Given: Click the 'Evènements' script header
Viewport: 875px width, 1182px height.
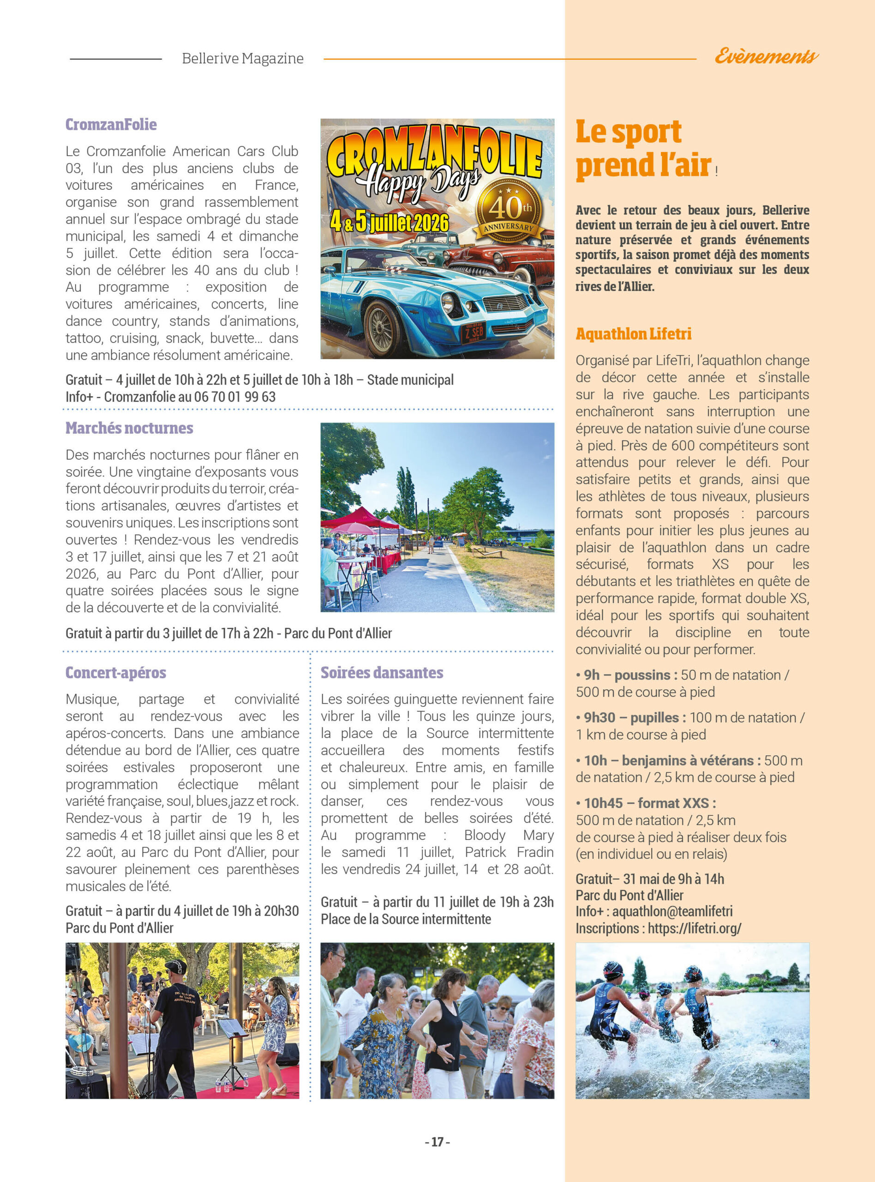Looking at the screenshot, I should [x=766, y=56].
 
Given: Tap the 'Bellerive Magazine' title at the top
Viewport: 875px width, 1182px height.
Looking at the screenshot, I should [x=243, y=58].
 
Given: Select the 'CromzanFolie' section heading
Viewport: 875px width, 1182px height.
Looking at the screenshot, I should [x=111, y=125].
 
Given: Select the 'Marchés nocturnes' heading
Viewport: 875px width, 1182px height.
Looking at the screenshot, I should [x=129, y=428].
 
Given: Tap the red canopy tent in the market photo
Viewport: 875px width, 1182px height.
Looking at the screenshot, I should [x=360, y=518].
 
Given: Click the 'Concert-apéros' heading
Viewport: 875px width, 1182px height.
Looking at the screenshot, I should [x=115, y=673].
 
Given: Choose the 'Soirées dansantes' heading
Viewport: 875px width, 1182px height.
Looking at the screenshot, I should [x=382, y=673].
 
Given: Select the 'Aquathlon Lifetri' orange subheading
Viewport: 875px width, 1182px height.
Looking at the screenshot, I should [x=634, y=334].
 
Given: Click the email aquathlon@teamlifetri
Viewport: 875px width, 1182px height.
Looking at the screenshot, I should [x=673, y=911].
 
